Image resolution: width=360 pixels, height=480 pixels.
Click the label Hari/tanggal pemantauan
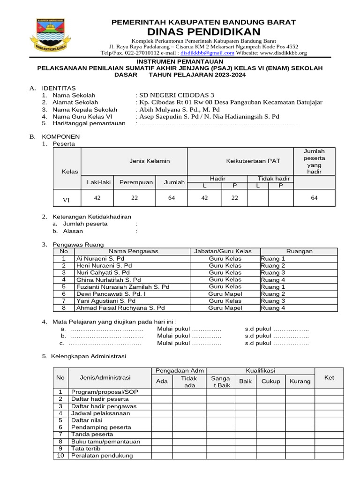pos(90,123)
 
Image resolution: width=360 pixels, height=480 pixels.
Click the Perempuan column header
pos(136,182)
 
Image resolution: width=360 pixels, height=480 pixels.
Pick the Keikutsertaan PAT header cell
pos(240,161)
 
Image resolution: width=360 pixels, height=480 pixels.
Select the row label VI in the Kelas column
pos(67,200)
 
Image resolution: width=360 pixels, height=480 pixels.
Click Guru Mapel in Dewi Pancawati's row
pos(225,294)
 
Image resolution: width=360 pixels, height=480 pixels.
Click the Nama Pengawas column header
pos(134,251)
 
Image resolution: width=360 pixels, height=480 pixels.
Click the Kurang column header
pos(300,381)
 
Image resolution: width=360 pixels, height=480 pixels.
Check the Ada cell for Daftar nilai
pos(162,420)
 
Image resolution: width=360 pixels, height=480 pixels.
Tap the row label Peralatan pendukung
pos(102,456)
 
